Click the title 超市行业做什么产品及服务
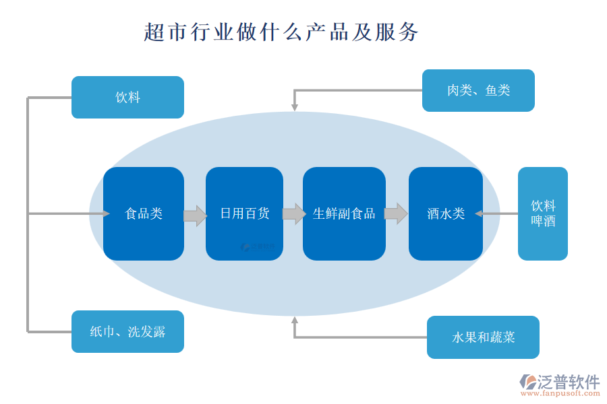pos(281,32)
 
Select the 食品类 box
pos(144,213)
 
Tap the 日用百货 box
pos(244,213)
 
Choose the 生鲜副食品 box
pos(344,213)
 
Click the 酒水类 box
pos(446,213)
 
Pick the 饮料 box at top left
pos(127,97)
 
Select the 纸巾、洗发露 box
pos(127,331)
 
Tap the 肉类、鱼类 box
pos(478,90)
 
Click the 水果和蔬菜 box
pos(483,337)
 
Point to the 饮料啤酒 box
pos(543,213)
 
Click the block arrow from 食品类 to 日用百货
pos(195,215)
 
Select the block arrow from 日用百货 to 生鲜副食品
pos(293,214)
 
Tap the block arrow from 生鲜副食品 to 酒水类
pos(396,213)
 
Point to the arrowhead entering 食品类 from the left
pos(105,213)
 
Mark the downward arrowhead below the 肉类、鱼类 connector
pos(295,106)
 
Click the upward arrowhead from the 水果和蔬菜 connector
pos(295,320)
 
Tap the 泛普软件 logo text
pos(568,382)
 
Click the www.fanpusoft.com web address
pos(559,395)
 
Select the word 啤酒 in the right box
pos(543,221)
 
